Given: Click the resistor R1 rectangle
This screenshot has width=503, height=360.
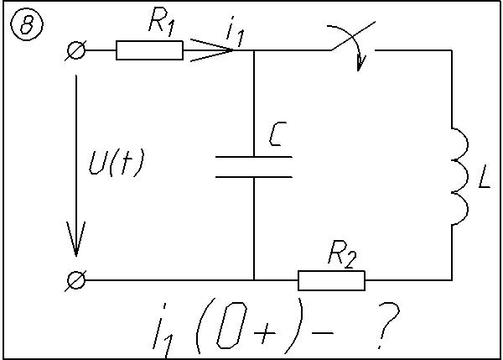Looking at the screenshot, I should pos(149,51).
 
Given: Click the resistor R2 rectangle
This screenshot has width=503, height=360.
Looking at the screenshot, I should pos(331,279).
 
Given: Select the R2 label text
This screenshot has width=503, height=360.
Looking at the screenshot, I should pos(341,255).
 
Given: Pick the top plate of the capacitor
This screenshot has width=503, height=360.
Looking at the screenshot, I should pos(253,157).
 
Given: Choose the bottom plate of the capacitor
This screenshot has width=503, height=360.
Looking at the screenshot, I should pos(253,176).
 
